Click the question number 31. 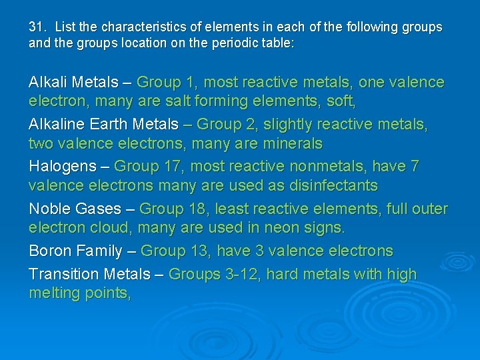[37, 27]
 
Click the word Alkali [48, 83]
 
